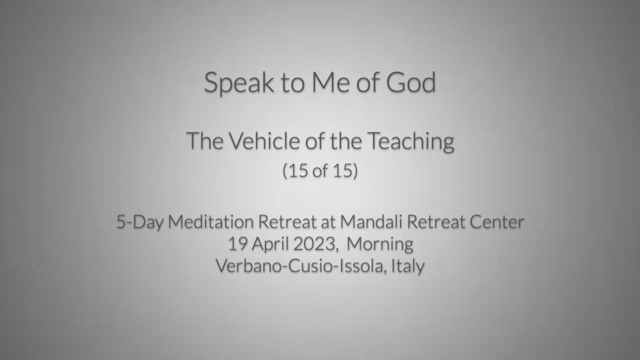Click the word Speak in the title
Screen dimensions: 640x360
tap(239, 83)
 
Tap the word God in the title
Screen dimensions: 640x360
tap(411, 82)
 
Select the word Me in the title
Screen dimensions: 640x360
tap(330, 82)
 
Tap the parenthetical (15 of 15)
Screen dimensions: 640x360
tap(320, 170)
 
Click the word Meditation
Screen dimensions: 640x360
tap(210, 221)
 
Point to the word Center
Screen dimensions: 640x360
tap(497, 222)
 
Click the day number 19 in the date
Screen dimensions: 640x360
tap(237, 244)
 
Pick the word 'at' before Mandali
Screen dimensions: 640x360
tap(328, 222)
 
